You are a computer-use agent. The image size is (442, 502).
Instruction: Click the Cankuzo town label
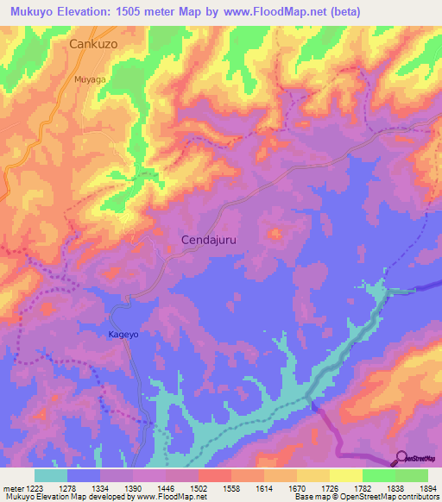point(98,42)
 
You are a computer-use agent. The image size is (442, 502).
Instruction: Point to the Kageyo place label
point(123,334)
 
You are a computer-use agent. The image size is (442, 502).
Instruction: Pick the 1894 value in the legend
point(426,488)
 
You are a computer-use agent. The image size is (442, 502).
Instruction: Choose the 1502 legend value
point(199,488)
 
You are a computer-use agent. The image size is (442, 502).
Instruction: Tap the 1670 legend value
point(296,488)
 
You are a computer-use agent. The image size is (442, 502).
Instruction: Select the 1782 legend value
point(362,488)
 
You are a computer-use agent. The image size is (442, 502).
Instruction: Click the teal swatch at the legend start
point(51,475)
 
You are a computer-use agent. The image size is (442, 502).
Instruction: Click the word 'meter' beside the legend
point(12,488)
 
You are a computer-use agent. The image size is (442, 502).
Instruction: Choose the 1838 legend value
point(395,488)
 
